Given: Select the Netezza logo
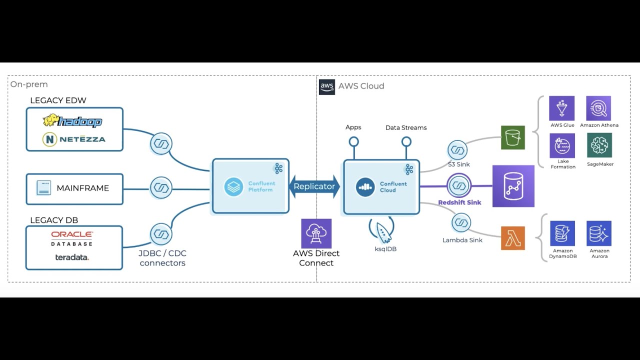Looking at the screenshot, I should tap(74, 139).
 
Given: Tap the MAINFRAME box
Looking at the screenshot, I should tap(74, 188).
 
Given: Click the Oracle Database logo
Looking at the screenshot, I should tap(72, 238).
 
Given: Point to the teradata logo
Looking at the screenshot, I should tap(72, 257).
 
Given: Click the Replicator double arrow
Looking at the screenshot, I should tap(314, 186).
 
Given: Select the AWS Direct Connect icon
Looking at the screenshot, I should tap(316, 233).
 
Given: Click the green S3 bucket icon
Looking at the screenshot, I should tap(513, 137).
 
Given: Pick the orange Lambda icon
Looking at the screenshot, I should tap(513, 238).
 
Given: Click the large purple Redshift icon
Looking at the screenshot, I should tap(513, 186).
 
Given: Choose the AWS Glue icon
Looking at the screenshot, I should tap(561, 108).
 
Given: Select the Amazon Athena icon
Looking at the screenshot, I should tap(598, 108).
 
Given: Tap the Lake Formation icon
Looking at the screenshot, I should tap(562, 145).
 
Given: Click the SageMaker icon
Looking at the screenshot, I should tap(599, 145).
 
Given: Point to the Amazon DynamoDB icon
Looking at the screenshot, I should tap(562, 233).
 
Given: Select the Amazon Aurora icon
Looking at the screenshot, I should tap(599, 233).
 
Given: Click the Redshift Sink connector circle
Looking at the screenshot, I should tap(459, 186).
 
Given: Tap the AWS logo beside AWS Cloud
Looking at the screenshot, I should tap(327, 86).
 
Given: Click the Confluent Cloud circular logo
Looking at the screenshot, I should tap(365, 187).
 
